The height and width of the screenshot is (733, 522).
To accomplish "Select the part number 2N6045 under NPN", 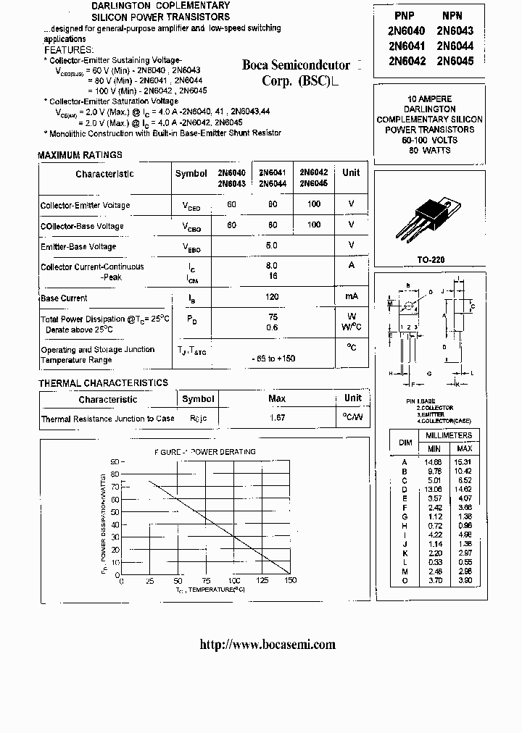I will [x=455, y=62].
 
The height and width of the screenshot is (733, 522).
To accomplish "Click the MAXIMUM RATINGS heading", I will [x=80, y=155].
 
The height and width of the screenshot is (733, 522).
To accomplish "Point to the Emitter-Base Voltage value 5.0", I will [x=272, y=246].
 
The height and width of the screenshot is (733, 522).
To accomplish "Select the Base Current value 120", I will [x=272, y=298].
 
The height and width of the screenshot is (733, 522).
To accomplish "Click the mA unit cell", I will [x=351, y=298].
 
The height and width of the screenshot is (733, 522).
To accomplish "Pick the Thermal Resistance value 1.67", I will [x=277, y=419].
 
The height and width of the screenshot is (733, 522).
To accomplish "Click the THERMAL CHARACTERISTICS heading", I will [x=103, y=383].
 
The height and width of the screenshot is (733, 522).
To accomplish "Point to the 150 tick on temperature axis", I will [x=290, y=581].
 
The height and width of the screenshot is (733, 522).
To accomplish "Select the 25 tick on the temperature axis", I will [x=149, y=581].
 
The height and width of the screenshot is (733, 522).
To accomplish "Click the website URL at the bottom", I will [x=267, y=645].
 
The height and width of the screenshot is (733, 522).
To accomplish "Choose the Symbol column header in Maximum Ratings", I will [x=191, y=174].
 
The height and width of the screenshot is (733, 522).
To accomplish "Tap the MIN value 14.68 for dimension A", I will [x=434, y=461].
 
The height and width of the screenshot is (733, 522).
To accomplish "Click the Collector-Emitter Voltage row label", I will [x=85, y=205].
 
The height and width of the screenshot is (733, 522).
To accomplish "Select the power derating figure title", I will [x=204, y=452].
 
